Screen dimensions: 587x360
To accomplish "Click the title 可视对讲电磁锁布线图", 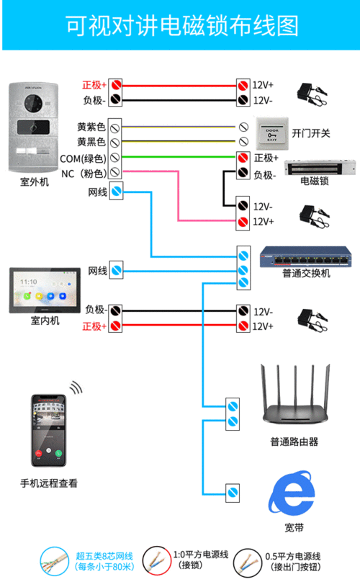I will (x=180, y=27).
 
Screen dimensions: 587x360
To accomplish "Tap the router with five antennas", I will (x=294, y=406).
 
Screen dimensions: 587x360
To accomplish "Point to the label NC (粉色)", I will (x=84, y=174).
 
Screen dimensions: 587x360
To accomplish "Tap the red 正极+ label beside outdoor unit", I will (x=94, y=85).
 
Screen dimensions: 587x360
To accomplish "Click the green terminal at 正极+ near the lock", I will (x=243, y=158).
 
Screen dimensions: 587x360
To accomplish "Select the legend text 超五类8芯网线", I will (x=104, y=555).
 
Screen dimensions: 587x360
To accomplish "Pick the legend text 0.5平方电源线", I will (x=294, y=555).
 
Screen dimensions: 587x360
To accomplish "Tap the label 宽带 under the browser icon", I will (x=293, y=528).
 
